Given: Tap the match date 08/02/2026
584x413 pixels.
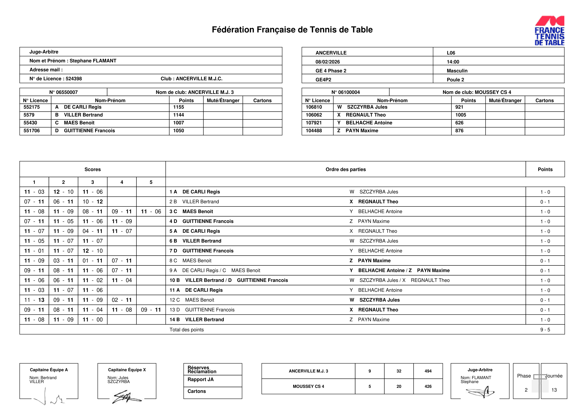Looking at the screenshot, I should (x=328, y=62).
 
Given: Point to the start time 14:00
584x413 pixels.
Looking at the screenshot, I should (x=453, y=62).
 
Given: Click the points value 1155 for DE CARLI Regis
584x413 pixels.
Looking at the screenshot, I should (x=179, y=107).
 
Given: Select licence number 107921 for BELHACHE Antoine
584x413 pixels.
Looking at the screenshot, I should (x=314, y=123).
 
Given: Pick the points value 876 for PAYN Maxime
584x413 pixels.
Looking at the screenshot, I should (x=459, y=131).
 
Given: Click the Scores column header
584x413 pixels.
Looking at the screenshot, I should (x=93, y=169).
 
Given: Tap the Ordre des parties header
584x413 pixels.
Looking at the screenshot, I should (x=345, y=169).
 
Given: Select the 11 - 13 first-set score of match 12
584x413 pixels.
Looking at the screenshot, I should (x=34, y=300).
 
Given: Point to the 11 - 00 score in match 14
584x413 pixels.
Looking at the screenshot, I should (x=93, y=320).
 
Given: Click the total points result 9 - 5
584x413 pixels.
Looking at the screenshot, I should (x=545, y=330).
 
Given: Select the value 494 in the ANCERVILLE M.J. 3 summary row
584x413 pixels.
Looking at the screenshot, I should (x=428, y=371).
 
